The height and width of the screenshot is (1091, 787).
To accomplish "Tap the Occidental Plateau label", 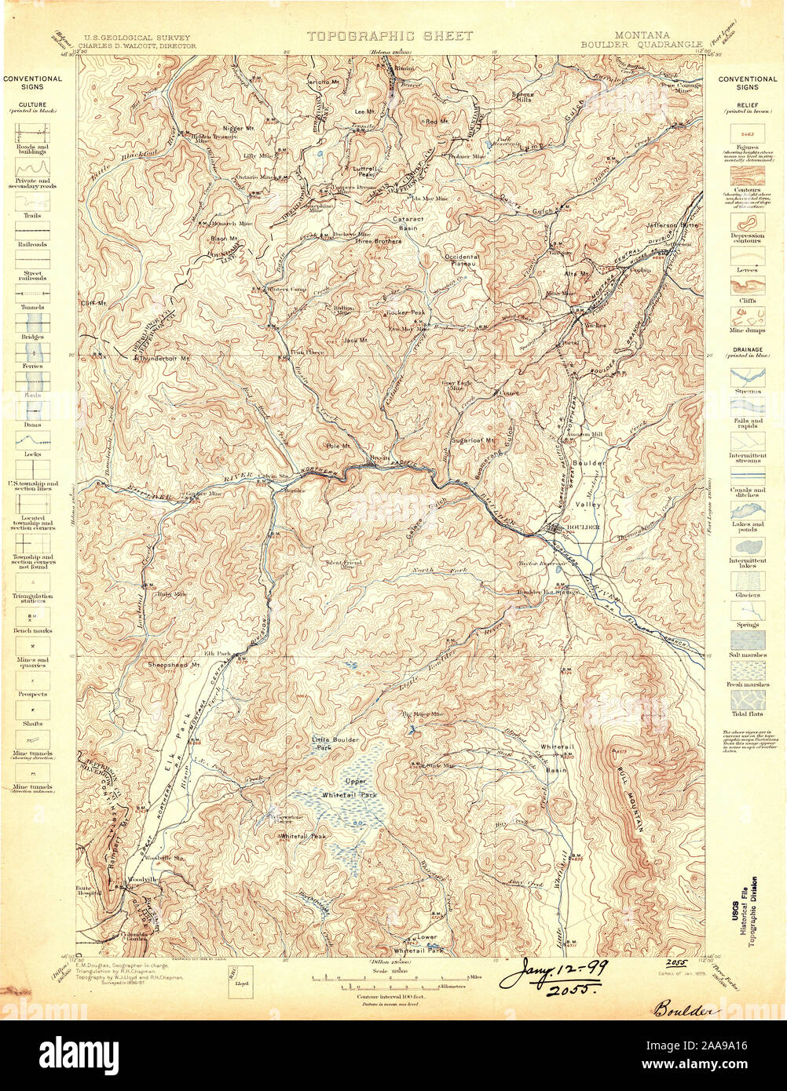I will tap(462, 261).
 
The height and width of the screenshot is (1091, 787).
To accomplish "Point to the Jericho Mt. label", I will tap(322, 82).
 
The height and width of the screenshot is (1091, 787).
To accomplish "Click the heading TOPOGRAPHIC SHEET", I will tap(390, 36).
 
